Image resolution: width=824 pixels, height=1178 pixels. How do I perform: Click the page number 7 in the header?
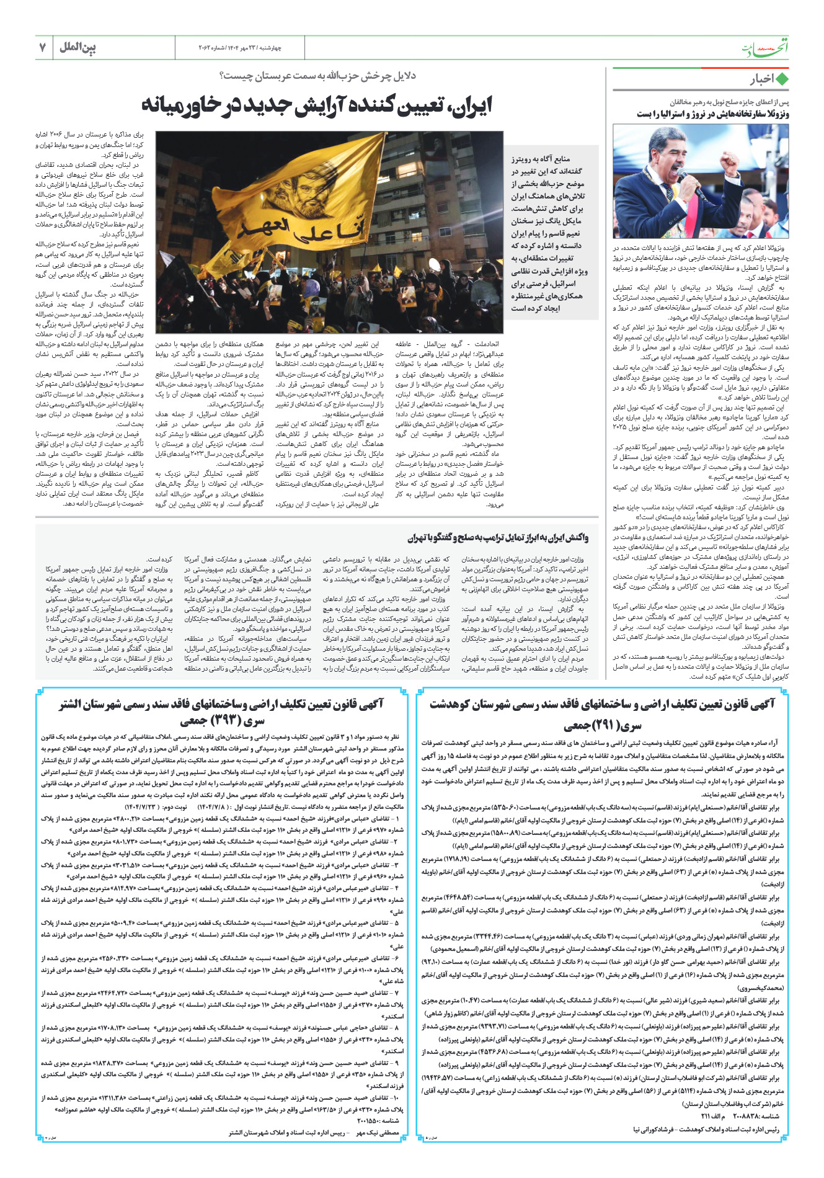[x=43, y=48]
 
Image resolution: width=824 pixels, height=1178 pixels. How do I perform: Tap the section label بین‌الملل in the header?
[x=78, y=48]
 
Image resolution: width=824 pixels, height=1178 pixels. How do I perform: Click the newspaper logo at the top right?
[x=767, y=48]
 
